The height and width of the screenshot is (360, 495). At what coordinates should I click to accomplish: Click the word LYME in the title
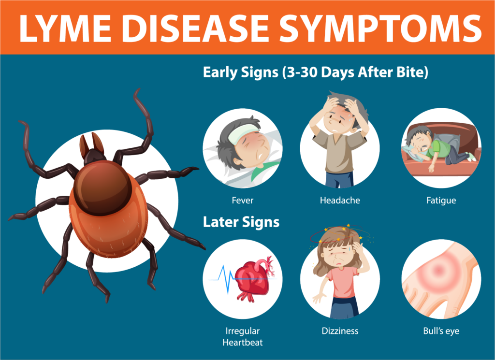pyautogui.click(x=65, y=28)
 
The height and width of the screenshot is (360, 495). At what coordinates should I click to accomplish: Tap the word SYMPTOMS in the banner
pyautogui.click(x=380, y=28)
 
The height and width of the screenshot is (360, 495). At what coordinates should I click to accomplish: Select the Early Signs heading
pyautogui.click(x=315, y=72)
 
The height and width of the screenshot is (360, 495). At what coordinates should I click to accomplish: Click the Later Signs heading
pyautogui.click(x=241, y=222)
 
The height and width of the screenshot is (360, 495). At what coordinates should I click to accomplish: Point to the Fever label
pyautogui.click(x=243, y=201)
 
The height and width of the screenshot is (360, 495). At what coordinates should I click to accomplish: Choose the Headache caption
pyautogui.click(x=340, y=201)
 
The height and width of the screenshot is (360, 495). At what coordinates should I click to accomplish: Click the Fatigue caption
pyautogui.click(x=441, y=201)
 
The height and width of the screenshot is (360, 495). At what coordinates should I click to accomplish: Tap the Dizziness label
pyautogui.click(x=340, y=331)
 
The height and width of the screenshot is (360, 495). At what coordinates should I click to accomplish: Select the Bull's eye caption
pyautogui.click(x=441, y=331)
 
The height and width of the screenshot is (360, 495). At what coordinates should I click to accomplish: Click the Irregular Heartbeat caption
pyautogui.click(x=243, y=337)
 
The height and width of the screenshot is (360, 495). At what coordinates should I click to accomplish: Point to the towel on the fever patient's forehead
pyautogui.click(x=243, y=133)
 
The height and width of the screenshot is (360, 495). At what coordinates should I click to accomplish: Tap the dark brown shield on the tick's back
pyautogui.click(x=102, y=187)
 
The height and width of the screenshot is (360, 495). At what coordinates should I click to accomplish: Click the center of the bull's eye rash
pyautogui.click(x=438, y=270)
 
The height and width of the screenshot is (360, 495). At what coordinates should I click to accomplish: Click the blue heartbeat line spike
pyautogui.click(x=225, y=278)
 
